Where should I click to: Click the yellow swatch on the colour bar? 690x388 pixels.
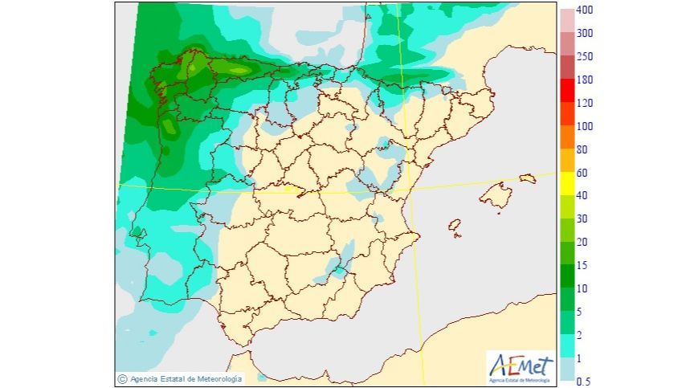point(567,183)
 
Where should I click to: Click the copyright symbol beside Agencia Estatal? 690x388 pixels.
point(122,378)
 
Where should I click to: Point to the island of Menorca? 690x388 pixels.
point(527,178)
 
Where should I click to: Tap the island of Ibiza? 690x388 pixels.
point(455,227)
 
